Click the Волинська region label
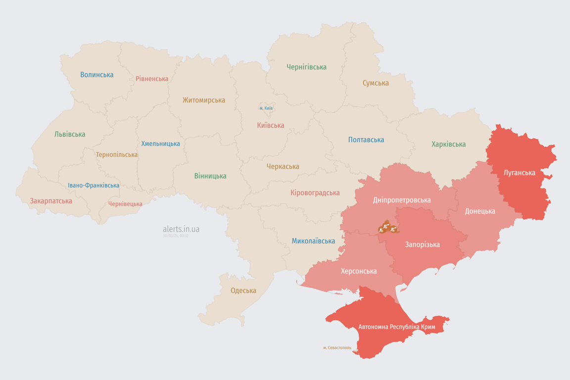point(97,75)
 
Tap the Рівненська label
point(152,79)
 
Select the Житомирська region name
point(203,100)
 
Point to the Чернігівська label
point(306,67)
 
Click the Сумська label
point(376,83)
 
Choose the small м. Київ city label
point(266,108)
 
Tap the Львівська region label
point(70,134)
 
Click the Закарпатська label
point(51,201)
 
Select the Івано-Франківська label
point(94,186)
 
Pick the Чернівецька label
point(125,204)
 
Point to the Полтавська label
point(366,140)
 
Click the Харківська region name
point(448,144)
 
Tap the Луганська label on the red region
point(519,173)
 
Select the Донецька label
point(480,211)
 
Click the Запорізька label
point(422,244)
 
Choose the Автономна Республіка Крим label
point(396,327)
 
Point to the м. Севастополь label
point(337,348)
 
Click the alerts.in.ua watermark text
point(181,229)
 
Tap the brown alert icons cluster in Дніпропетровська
point(387,228)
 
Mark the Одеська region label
point(243,290)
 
